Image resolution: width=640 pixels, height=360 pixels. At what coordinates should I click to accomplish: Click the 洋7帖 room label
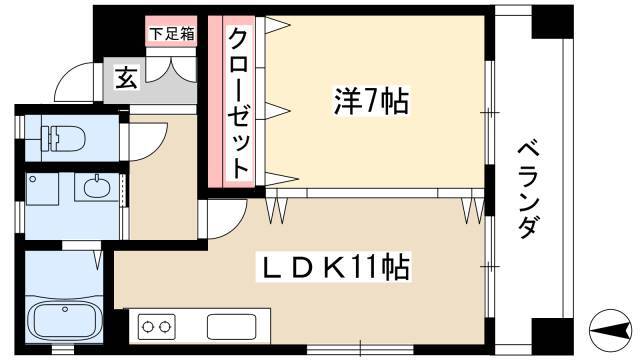pyautogui.click(x=371, y=102)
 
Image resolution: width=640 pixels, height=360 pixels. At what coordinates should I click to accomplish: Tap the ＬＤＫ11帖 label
pyautogui.click(x=334, y=268)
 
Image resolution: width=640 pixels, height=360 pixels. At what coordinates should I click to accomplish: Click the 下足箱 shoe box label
pyautogui.click(x=171, y=34)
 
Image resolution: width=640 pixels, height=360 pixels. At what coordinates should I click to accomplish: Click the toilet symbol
pyautogui.click(x=62, y=138)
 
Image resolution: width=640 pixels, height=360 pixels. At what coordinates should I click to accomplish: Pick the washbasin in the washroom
pyautogui.click(x=97, y=187)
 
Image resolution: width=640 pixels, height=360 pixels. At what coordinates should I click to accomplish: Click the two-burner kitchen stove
pyautogui.click(x=156, y=327)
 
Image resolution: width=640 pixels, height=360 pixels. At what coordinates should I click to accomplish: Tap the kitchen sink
pyautogui.click(x=231, y=327)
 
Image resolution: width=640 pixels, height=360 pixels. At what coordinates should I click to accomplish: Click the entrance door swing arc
pyautogui.click(x=73, y=81)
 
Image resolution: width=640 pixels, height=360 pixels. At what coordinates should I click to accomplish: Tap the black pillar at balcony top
pyautogui.click(x=552, y=22)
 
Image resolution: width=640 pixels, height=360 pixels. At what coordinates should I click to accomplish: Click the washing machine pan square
pyautogui.click(x=42, y=189)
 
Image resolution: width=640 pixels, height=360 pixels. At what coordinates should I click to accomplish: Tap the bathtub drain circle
pyautogui.click(x=64, y=309)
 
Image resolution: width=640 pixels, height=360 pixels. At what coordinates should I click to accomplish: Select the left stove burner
pyautogui.click(x=147, y=327)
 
